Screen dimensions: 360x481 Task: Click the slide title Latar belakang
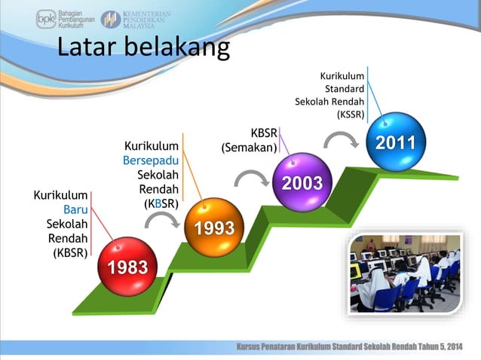[x=143, y=47]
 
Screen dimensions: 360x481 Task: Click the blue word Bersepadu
[x=151, y=160]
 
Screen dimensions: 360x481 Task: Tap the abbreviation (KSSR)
[x=351, y=114]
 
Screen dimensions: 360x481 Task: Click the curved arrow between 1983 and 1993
[x=161, y=219]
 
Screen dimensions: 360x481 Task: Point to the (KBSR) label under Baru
[x=70, y=252]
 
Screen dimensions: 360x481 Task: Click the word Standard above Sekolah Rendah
[x=345, y=89]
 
